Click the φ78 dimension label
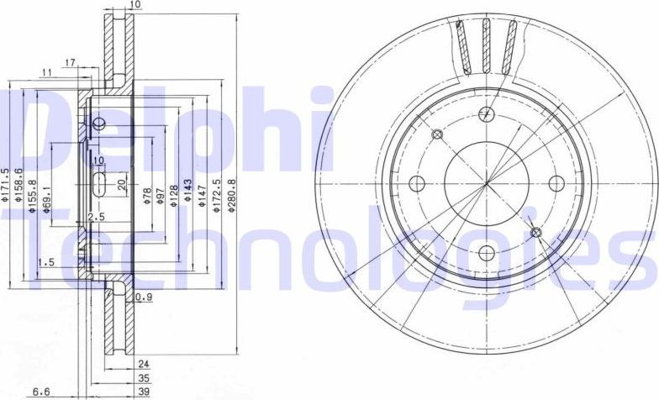[147, 198]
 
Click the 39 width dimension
[143, 392]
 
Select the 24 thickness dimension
[143, 365]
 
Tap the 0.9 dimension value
[143, 297]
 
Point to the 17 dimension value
[71, 61]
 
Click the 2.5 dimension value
[97, 218]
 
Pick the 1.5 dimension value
[46, 263]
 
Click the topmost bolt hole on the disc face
[485, 115]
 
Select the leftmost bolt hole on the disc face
[418, 183]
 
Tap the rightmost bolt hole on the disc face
[555, 183]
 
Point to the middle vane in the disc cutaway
[485, 45]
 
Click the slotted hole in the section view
[98, 184]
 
